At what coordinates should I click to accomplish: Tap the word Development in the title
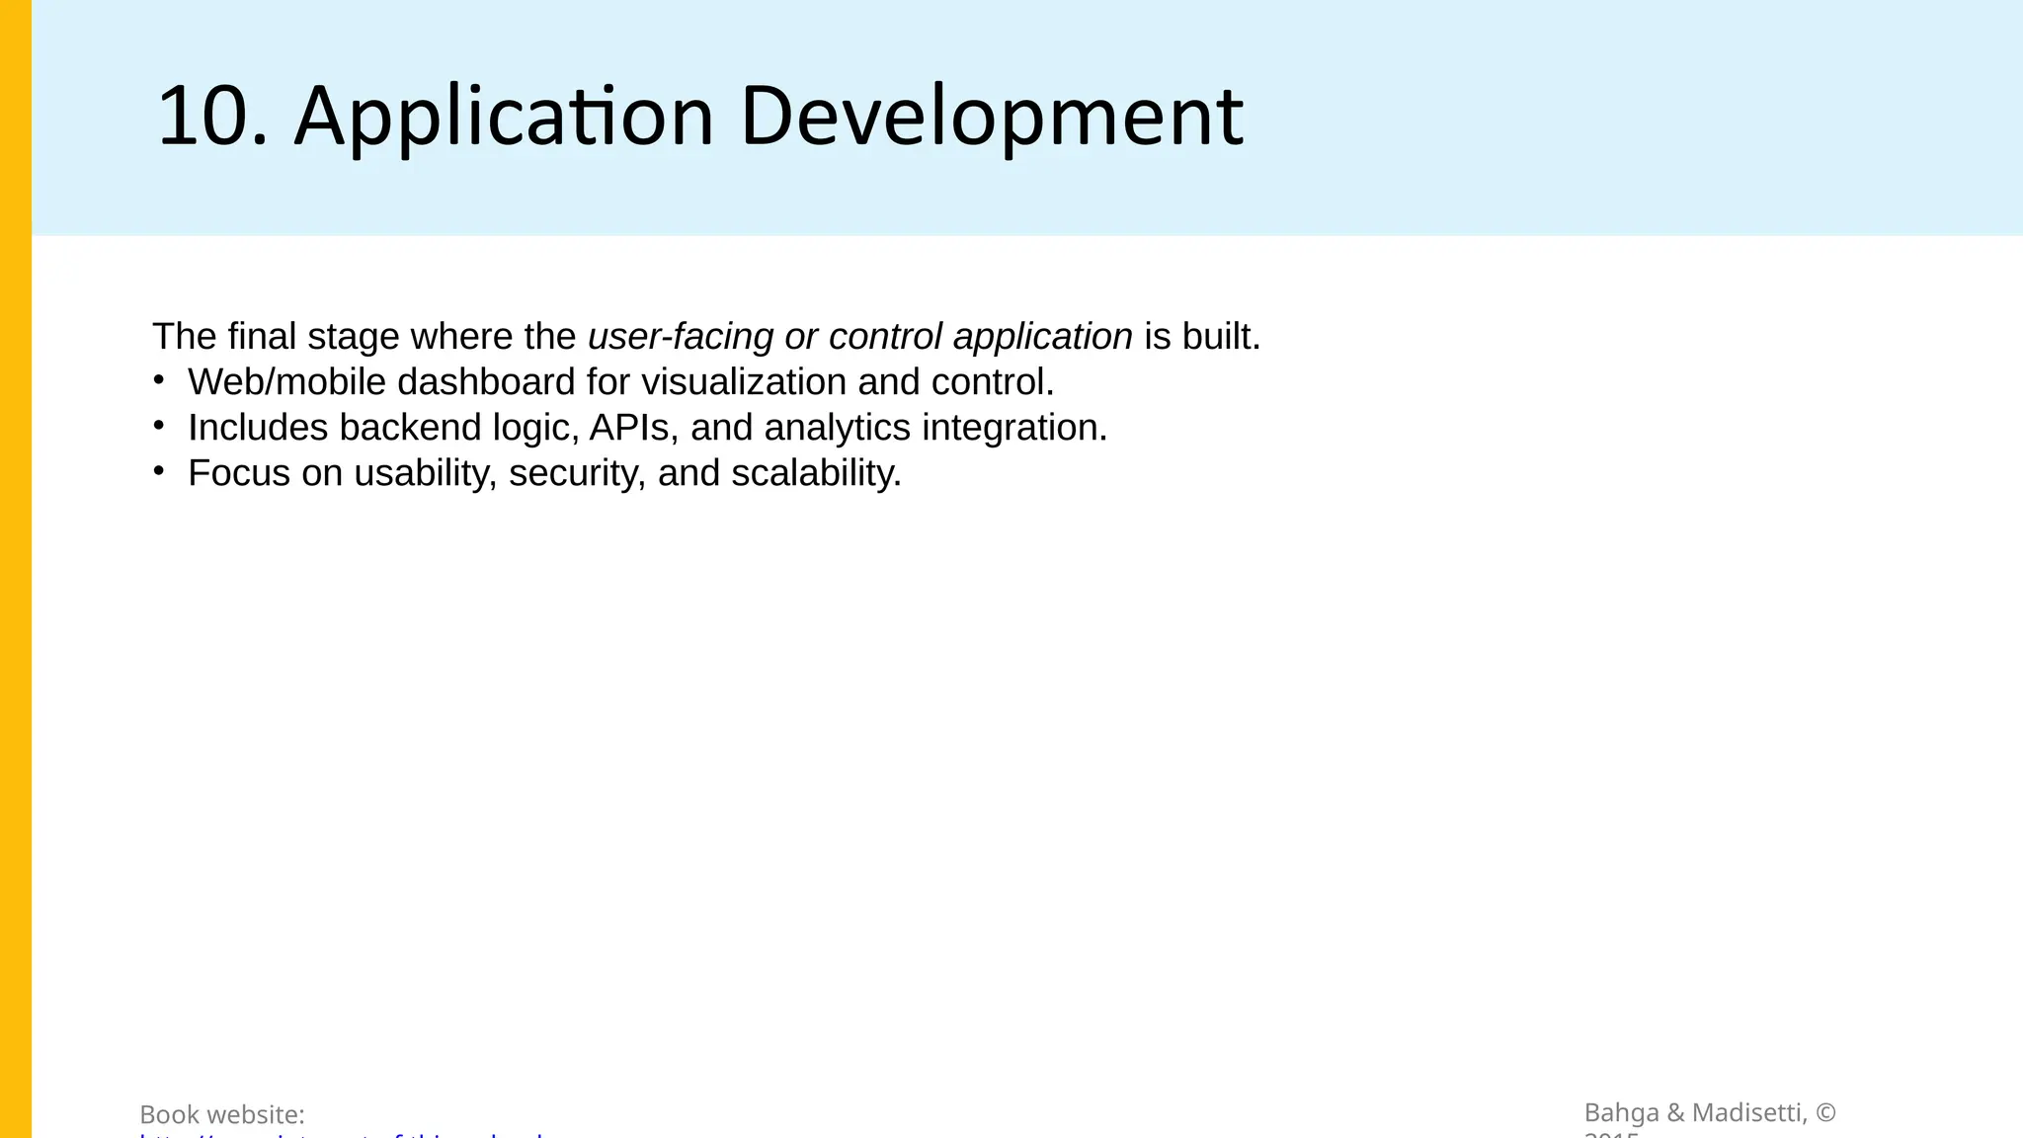point(991,117)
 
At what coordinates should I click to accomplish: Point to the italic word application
point(1042,337)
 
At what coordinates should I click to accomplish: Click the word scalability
point(816,473)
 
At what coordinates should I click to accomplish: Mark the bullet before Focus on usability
point(159,470)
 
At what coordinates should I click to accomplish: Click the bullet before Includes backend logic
point(159,425)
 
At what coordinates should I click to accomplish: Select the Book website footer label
point(222,1115)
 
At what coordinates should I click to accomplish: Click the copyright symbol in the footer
point(1825,1113)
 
